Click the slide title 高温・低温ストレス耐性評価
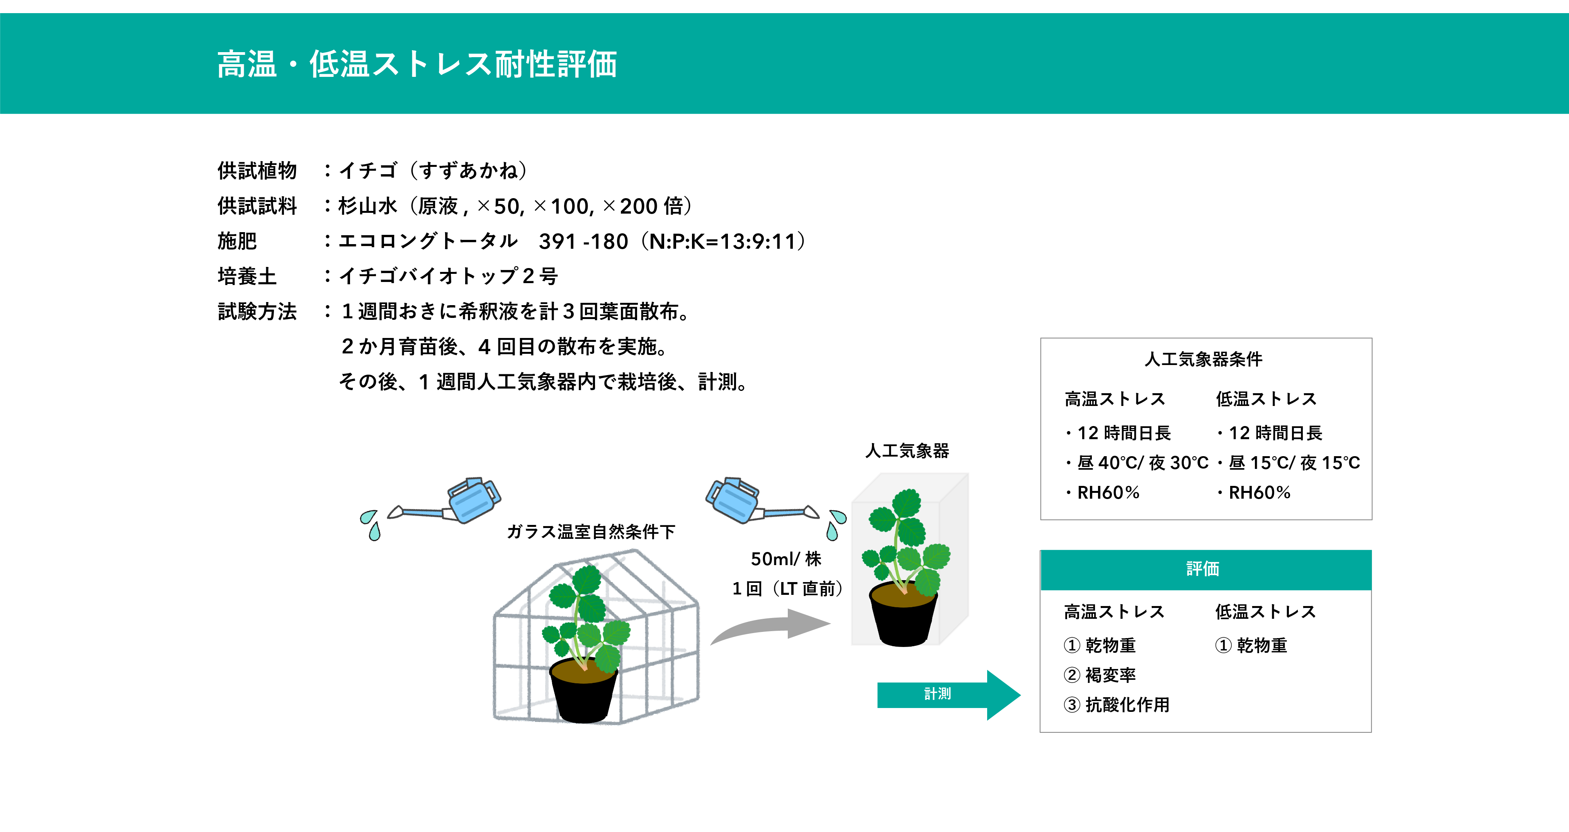click(417, 65)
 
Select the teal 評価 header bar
click(1205, 569)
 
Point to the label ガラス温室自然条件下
click(591, 532)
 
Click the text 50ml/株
click(786, 559)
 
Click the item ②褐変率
click(1100, 675)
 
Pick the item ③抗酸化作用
click(1117, 705)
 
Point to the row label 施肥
click(238, 241)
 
